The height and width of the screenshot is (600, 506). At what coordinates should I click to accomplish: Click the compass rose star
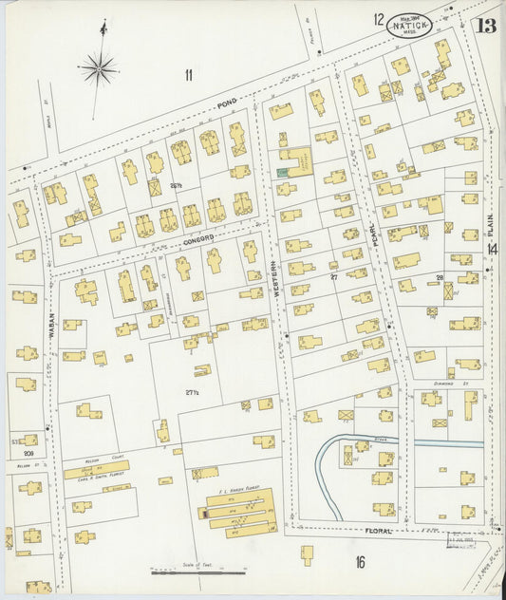coord(99,67)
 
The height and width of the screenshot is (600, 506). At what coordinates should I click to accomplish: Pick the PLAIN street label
coord(491,224)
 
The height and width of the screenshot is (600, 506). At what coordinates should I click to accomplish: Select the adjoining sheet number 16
coord(361,562)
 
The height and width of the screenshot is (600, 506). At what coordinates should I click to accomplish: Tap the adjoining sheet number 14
coord(492,249)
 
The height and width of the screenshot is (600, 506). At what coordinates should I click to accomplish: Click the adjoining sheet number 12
coord(379,19)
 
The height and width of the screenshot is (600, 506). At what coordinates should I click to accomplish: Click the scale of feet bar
coord(198,572)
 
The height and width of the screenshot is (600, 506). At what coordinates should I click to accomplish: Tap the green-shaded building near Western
coord(282,172)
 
